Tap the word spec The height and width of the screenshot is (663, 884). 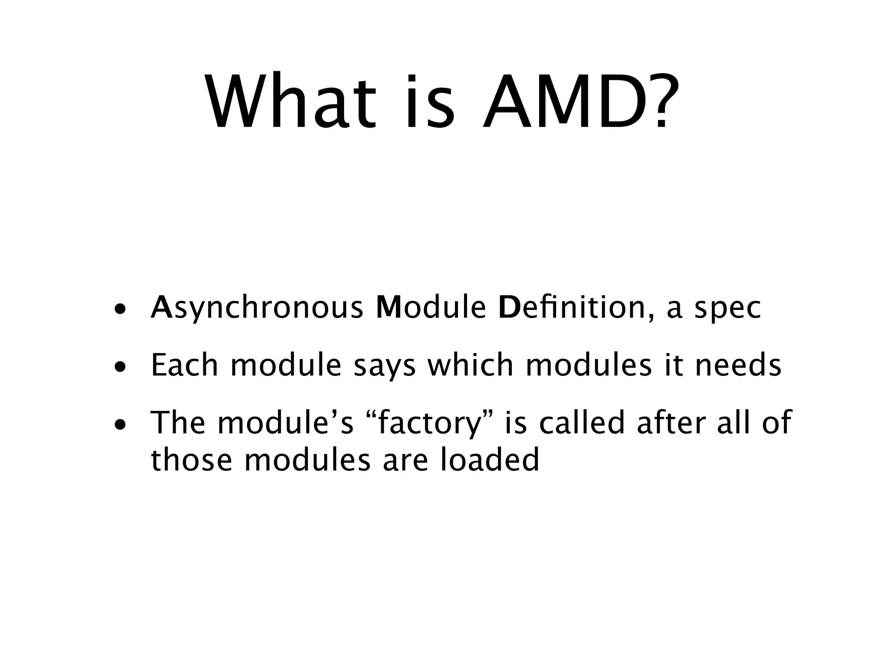[x=728, y=309]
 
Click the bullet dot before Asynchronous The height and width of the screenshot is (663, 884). [x=120, y=309]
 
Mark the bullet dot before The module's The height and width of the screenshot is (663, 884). [x=120, y=425]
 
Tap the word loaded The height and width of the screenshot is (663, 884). [x=489, y=460]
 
